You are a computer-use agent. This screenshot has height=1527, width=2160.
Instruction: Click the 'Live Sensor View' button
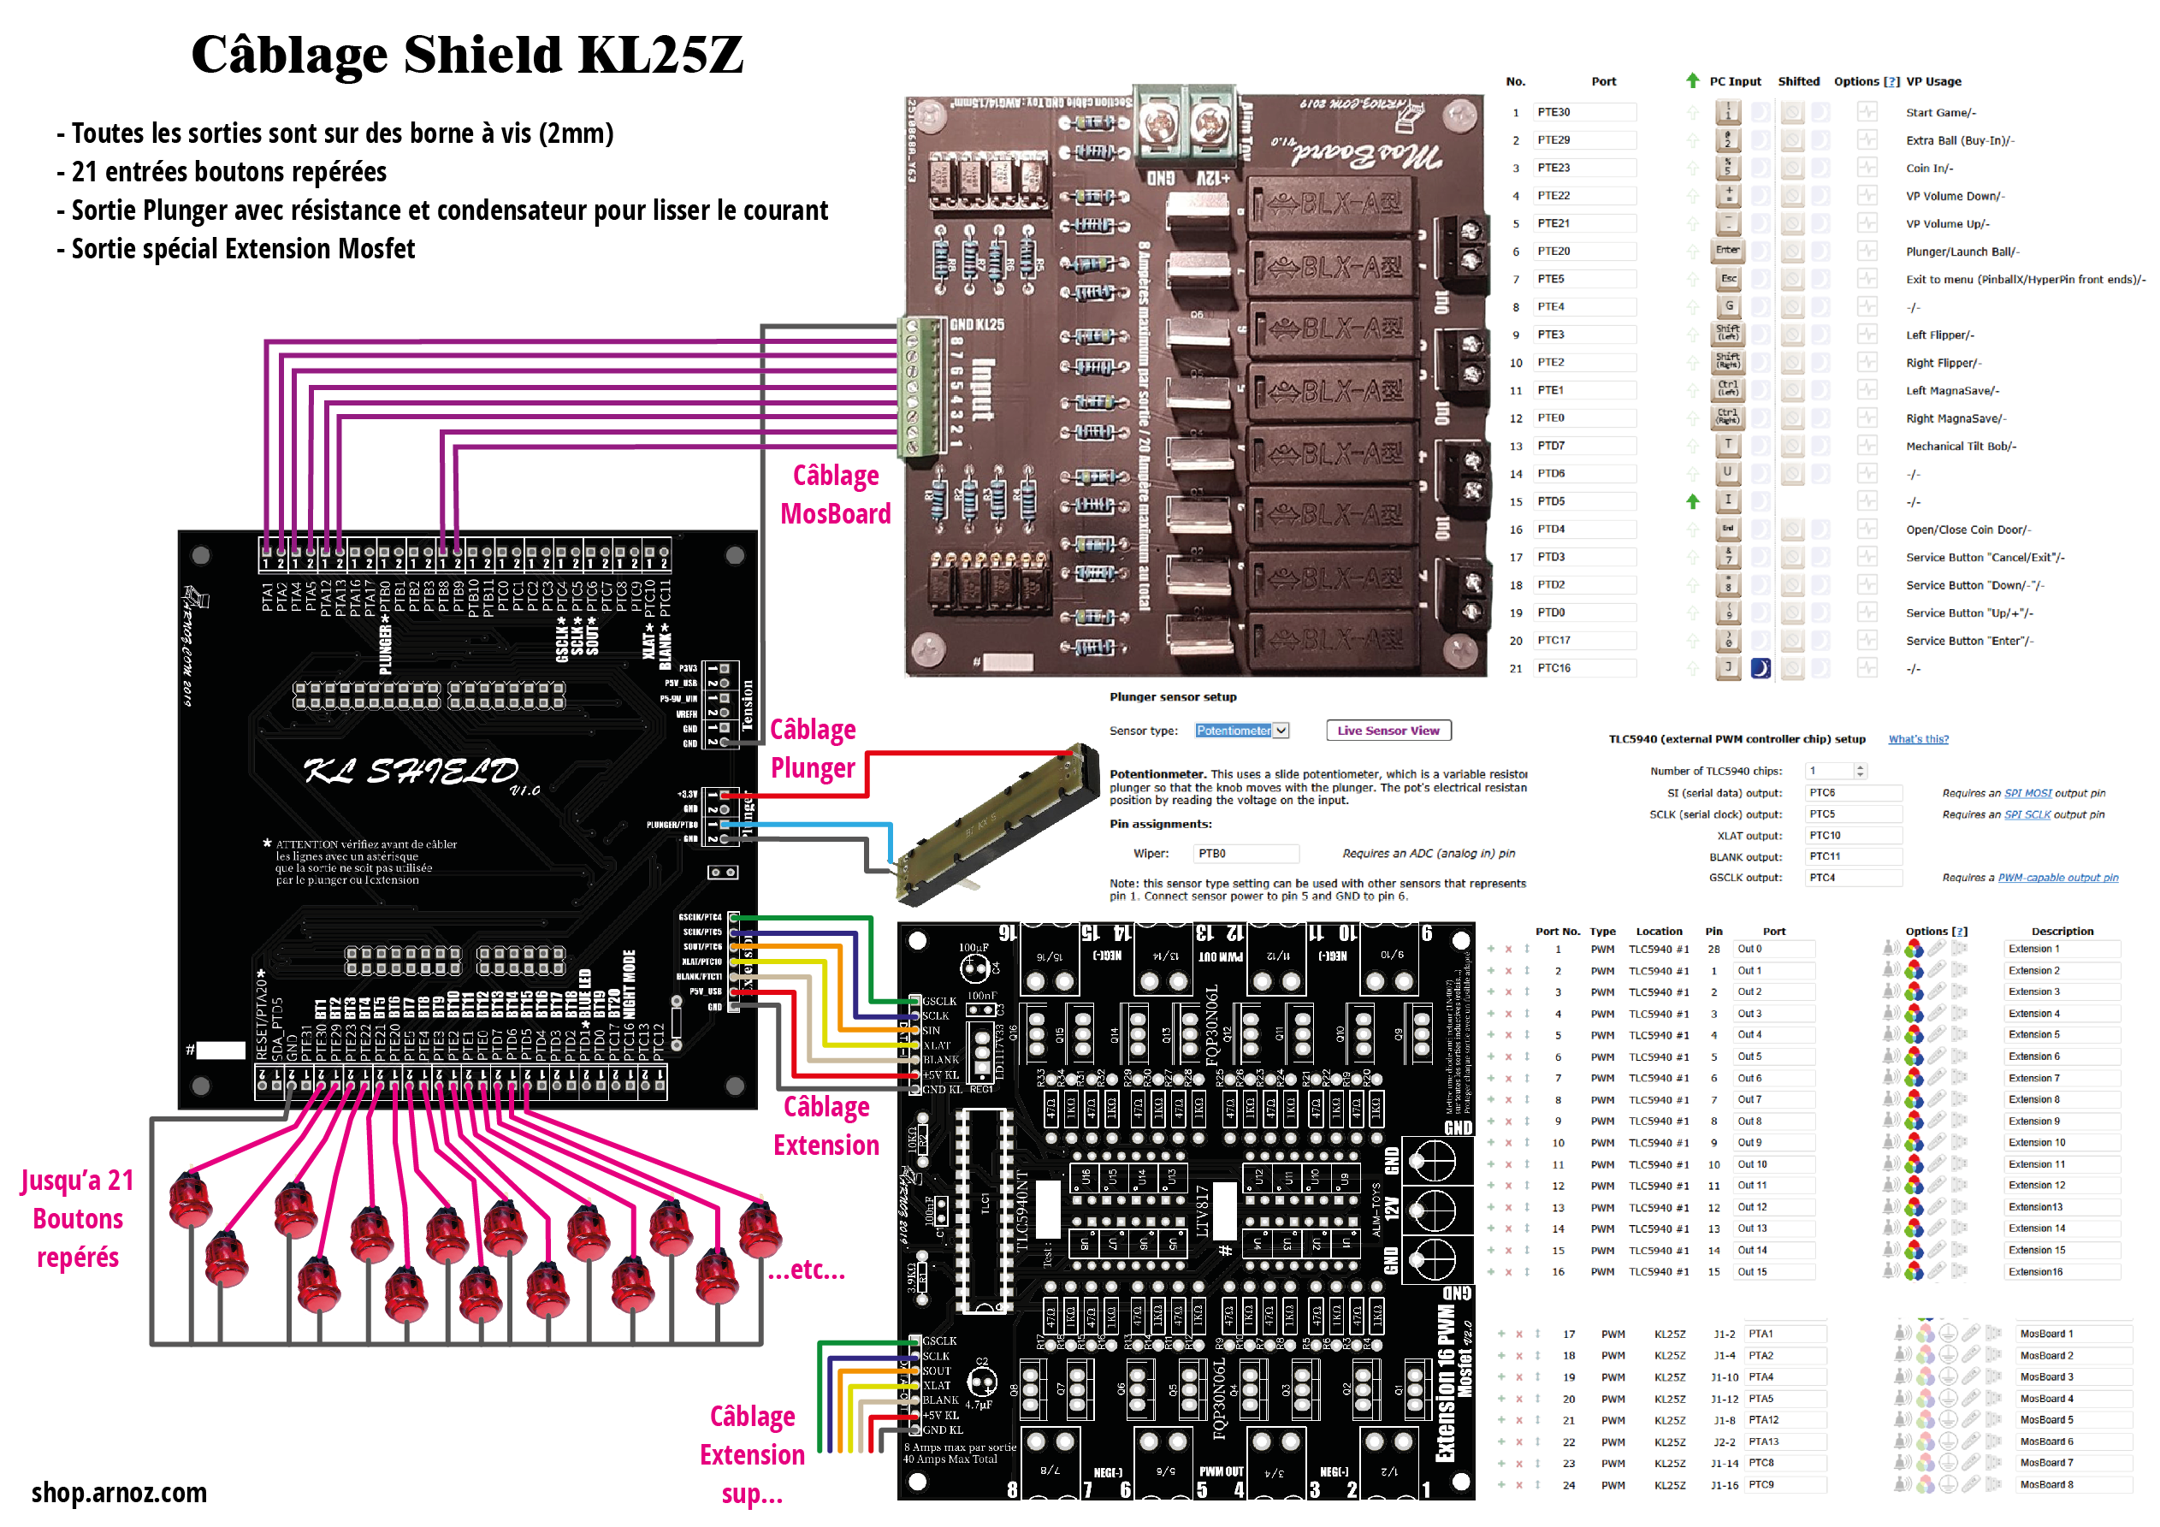point(1388,731)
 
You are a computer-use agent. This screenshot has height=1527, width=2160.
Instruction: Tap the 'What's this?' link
point(1918,739)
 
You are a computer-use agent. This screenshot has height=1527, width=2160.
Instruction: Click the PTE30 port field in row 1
point(1583,112)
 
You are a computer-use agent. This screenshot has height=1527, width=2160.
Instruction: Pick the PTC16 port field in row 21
point(1583,668)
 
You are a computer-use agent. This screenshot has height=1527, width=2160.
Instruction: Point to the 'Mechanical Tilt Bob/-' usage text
point(1961,446)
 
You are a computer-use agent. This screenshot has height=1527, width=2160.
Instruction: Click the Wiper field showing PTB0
point(1245,854)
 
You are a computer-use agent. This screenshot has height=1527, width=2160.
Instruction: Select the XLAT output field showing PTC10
point(1852,836)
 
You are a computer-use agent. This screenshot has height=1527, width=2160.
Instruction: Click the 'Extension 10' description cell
point(2060,1142)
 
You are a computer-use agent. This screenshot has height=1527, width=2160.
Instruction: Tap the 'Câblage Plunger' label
point(813,749)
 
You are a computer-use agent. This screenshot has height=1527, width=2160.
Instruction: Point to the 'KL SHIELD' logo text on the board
point(411,772)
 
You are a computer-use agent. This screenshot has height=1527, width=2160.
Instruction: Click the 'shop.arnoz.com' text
point(119,1492)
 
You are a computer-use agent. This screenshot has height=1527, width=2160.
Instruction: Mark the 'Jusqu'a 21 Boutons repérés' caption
point(78,1218)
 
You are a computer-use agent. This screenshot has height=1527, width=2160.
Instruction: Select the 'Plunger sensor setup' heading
point(1172,697)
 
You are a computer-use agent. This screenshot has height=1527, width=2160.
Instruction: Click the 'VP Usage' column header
point(1933,82)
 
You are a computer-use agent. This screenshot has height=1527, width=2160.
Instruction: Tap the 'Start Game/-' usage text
point(1941,113)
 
